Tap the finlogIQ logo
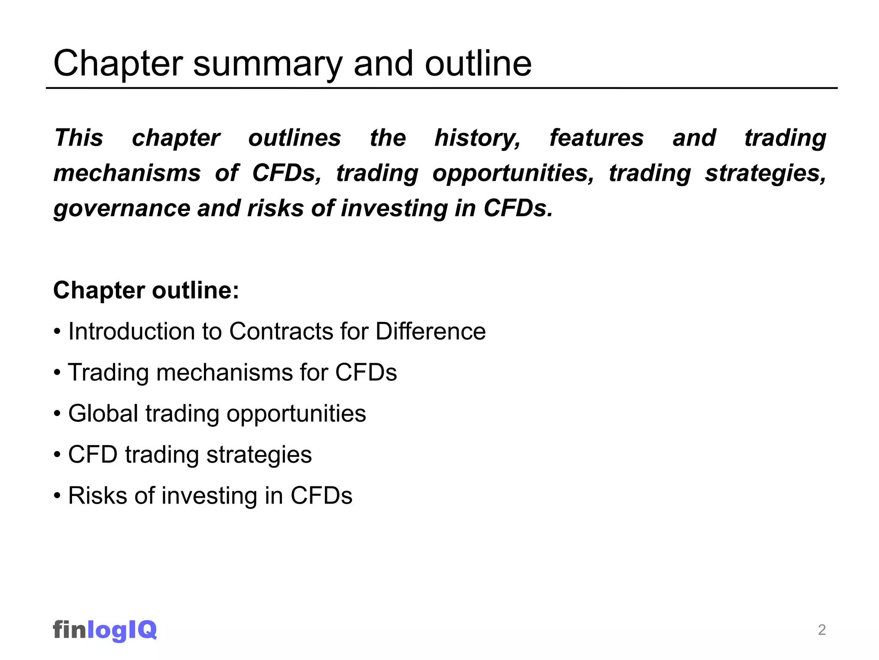[105, 630]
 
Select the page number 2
[821, 630]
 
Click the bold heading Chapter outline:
[146, 290]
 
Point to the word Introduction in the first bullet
[144, 332]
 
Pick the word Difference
[430, 332]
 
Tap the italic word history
[477, 138]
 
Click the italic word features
[597, 138]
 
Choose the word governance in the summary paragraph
[121, 209]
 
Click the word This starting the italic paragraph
[79, 138]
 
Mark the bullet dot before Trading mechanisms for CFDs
[58, 373]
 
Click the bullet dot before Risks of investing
[58, 496]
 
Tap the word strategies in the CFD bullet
[259, 455]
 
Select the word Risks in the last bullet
[98, 496]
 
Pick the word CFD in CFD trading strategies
[93, 455]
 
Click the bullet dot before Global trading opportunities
[58, 414]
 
